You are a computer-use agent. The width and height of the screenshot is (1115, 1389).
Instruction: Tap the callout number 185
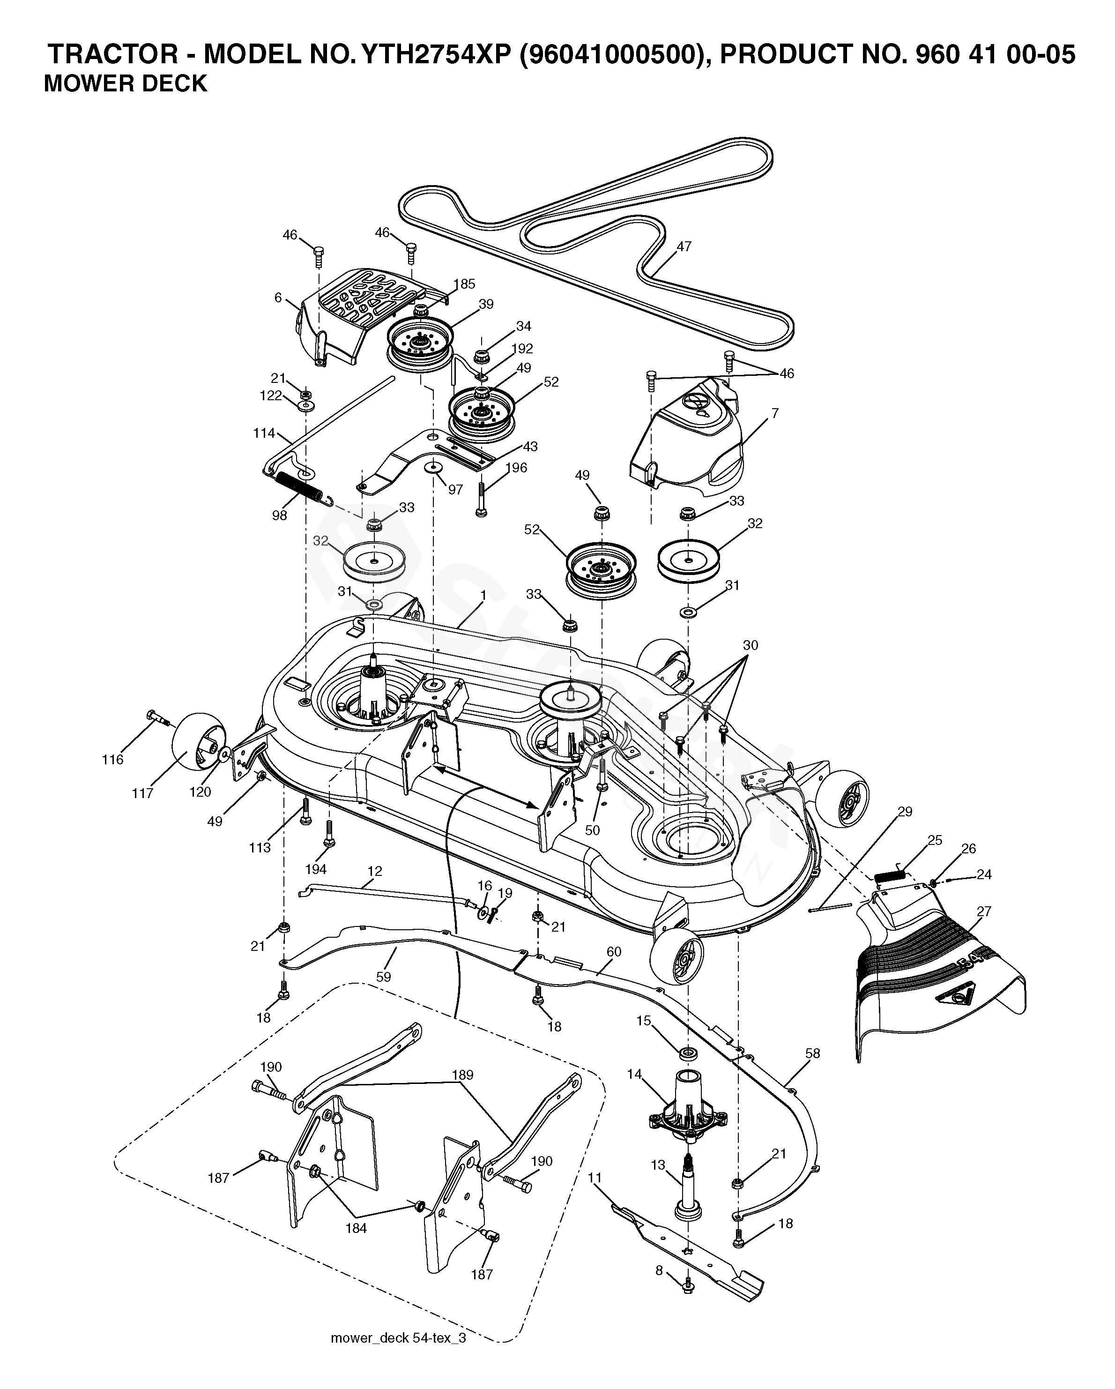[464, 284]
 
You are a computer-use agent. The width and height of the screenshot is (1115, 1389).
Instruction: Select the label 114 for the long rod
[264, 433]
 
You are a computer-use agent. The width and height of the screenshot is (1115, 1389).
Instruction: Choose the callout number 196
[516, 468]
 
